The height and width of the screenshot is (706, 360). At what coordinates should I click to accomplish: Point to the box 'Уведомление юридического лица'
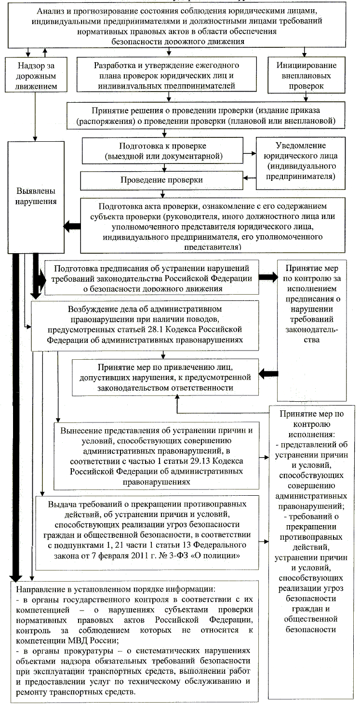tap(301, 160)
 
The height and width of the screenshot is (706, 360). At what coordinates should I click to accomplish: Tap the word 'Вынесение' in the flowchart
tap(79, 431)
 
